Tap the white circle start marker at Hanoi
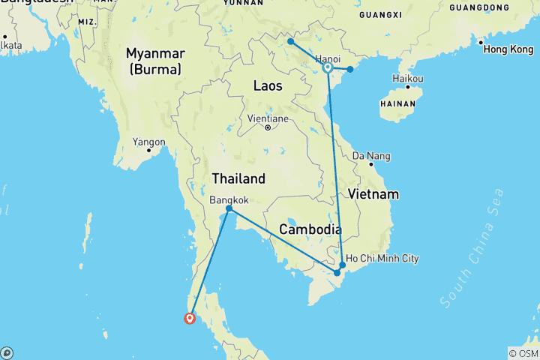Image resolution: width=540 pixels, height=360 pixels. tap(328, 68)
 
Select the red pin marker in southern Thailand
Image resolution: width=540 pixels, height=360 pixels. tap(190, 318)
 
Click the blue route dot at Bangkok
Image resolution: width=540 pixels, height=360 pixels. tap(229, 208)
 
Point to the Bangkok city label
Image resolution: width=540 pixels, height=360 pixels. tap(229, 200)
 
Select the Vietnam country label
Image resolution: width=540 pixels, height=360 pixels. tap(373, 194)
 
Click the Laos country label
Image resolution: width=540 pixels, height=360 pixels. tap(268, 86)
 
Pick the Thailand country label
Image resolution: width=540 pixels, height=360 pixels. tap(238, 178)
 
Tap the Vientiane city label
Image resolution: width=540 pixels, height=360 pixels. tap(267, 118)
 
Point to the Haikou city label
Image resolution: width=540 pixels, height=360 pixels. tap(408, 79)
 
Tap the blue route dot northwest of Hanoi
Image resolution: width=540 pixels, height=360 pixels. tap(290, 42)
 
